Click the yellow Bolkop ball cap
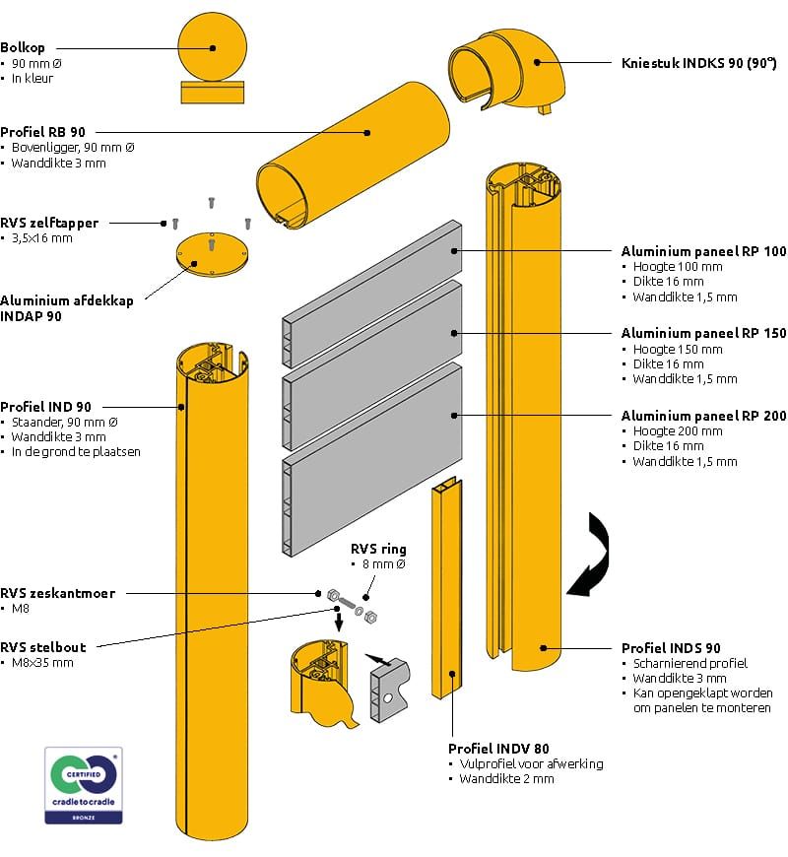point(210,47)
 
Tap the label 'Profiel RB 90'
point(42,131)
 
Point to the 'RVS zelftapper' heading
point(49,223)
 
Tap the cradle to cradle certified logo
point(84,785)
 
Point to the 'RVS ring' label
point(378,549)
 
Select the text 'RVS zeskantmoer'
point(58,593)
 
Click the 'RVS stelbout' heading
point(43,647)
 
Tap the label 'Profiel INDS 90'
point(671,647)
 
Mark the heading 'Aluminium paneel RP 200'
point(703,416)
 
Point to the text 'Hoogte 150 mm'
point(686,350)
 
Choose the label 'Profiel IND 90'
point(46,406)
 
